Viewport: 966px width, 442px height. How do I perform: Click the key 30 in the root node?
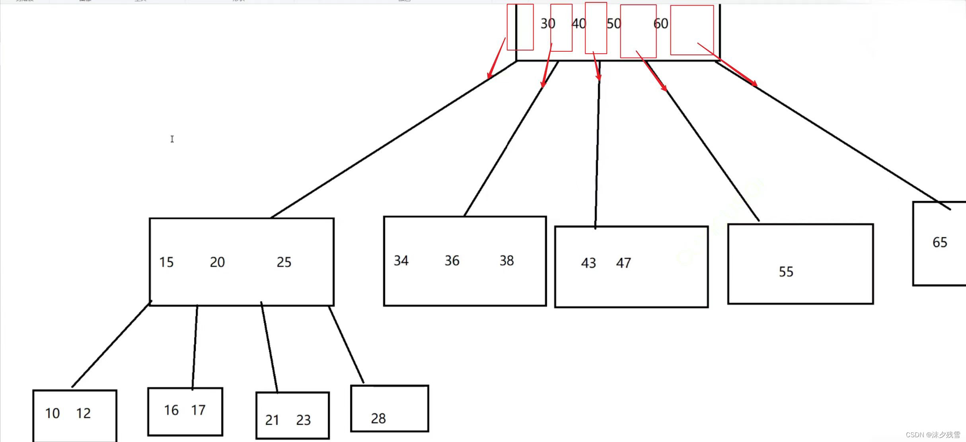pos(547,24)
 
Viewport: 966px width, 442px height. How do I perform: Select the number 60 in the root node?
pos(661,24)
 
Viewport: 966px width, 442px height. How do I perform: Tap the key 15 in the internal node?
pos(166,262)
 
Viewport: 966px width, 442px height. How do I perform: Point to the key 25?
pos(284,262)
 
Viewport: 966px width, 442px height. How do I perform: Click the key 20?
pos(217,262)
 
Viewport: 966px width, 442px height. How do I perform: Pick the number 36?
pos(452,261)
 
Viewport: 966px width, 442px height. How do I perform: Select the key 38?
pos(506,261)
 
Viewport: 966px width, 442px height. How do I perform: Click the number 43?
pos(588,263)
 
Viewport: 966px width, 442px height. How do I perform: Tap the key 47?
pos(623,263)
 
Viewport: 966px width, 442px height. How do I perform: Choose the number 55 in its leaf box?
pos(786,272)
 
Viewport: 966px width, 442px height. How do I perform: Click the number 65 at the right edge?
pos(940,242)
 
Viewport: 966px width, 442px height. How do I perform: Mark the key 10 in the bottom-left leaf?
pos(52,413)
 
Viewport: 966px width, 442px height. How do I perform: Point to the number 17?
pos(198,410)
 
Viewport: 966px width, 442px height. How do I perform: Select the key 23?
pos(303,420)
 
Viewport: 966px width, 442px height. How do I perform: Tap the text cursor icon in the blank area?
pos(172,139)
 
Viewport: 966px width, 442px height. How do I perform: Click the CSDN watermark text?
pos(933,435)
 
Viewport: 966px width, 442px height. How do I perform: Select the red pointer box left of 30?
pos(520,27)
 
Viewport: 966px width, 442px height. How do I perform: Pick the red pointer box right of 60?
pos(692,30)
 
